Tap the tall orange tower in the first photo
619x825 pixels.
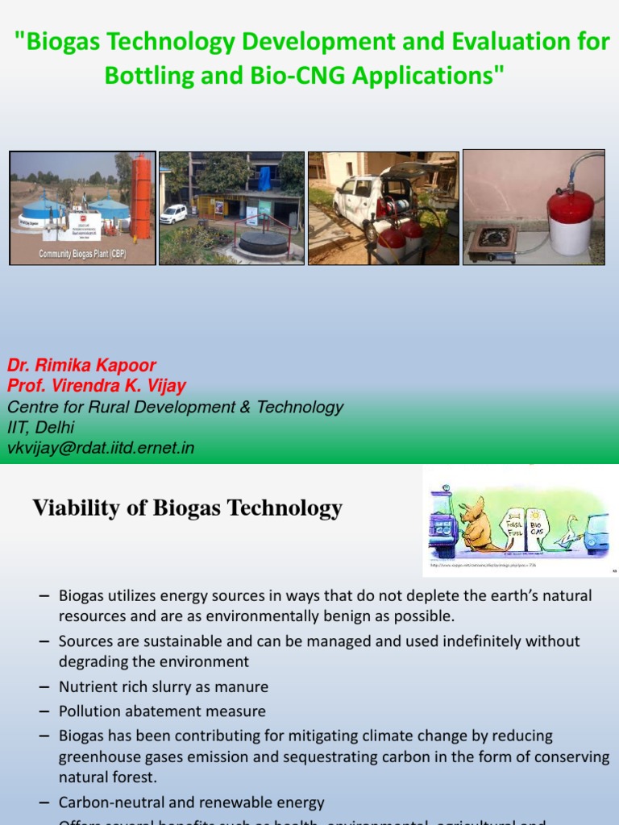click(x=141, y=197)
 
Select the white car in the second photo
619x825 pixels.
click(x=173, y=214)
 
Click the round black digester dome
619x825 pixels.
click(x=263, y=242)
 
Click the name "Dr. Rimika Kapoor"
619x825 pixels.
click(x=82, y=365)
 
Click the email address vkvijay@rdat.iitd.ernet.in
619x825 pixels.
click(x=101, y=448)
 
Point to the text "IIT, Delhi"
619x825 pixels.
click(x=40, y=428)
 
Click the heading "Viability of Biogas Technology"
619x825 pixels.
click(x=187, y=508)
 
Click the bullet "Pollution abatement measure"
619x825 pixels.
click(x=162, y=711)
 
